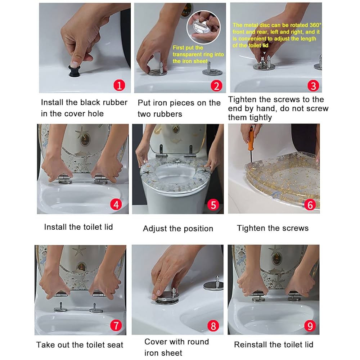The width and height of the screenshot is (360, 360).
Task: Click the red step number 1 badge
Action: (x=119, y=85)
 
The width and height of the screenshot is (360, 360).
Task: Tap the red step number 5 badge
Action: (x=213, y=205)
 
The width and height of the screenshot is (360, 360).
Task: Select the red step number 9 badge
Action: (x=310, y=326)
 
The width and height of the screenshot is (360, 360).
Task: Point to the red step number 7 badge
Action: (x=116, y=325)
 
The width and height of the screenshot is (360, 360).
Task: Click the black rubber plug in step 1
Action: (x=75, y=71)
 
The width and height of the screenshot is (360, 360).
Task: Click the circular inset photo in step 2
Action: (x=203, y=27)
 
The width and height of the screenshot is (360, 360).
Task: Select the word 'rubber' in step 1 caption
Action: (x=115, y=102)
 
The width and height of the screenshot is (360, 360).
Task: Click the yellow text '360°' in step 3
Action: (x=315, y=25)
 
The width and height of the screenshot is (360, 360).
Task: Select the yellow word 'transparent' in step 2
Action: (x=186, y=54)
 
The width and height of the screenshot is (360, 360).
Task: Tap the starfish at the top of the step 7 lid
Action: (x=79, y=251)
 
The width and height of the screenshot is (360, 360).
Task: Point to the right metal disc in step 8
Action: (x=213, y=285)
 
